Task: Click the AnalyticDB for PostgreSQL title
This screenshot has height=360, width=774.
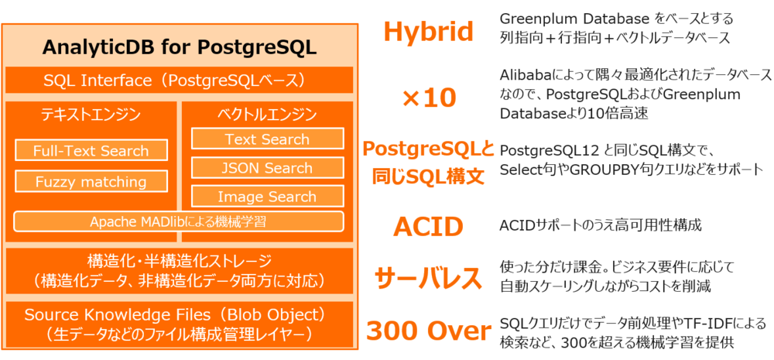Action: pos(179,46)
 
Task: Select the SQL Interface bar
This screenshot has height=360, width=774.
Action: pos(179,81)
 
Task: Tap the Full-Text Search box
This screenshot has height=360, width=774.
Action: pos(91,151)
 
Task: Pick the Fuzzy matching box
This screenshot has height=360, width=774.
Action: pos(91,182)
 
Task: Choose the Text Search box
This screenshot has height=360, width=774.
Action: pos(267,139)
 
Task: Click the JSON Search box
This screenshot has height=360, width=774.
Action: pos(267,168)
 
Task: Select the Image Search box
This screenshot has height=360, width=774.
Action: pos(267,197)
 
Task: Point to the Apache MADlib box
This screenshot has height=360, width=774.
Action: pos(178,221)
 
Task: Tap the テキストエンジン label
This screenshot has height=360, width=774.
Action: pos(91,115)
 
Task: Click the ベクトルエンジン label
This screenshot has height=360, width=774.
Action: pos(266,115)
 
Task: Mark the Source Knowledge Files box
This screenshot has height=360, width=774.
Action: pos(179,324)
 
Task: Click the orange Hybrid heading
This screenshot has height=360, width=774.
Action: pos(428,32)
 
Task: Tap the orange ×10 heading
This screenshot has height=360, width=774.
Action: pos(428,98)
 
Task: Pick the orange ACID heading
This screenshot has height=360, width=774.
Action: pos(428,227)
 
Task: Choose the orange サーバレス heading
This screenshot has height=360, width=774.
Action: pos(428,277)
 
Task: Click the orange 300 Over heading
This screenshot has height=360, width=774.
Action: pos(428,331)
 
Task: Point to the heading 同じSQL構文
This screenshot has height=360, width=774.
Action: pos(428,177)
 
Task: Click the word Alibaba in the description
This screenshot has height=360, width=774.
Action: pos(526,75)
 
